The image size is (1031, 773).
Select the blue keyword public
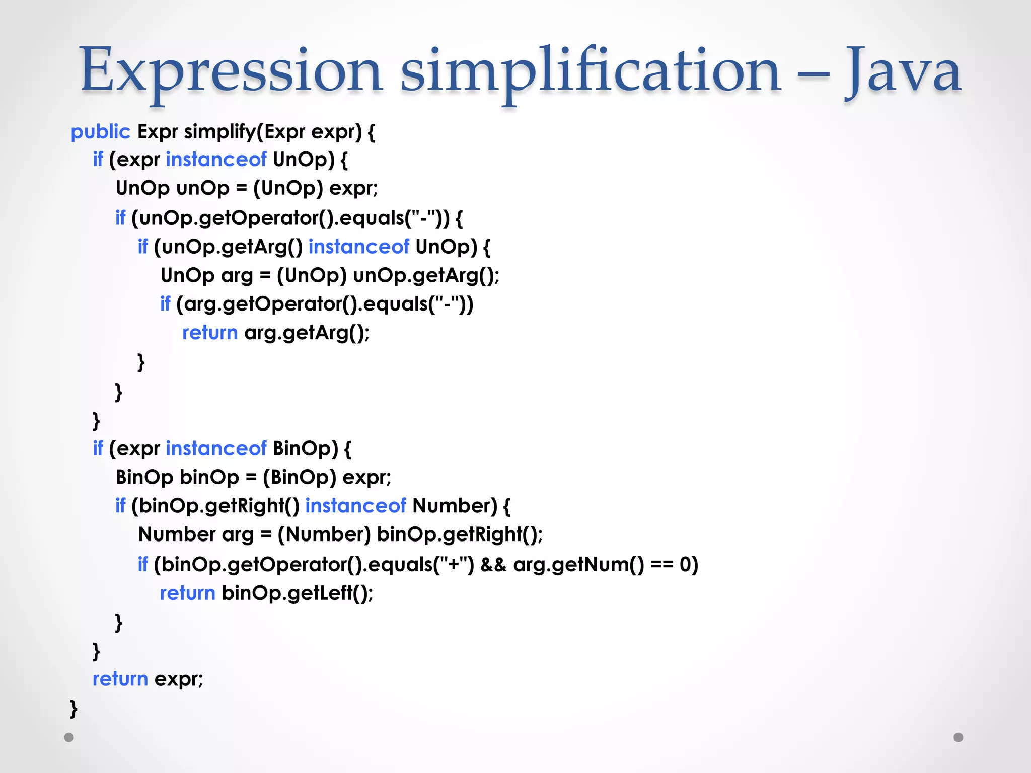click(100, 132)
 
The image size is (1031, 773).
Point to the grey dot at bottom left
click(69, 737)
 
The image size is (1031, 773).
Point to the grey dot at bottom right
click(958, 737)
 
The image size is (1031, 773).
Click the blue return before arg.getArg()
click(209, 333)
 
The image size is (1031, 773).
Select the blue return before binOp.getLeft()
click(187, 593)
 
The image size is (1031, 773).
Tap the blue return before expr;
click(120, 679)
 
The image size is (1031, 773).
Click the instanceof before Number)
click(355, 506)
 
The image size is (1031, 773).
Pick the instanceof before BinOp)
click(215, 448)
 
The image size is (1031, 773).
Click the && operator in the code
click(493, 565)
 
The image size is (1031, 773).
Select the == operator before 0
click(661, 565)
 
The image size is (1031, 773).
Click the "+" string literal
click(454, 565)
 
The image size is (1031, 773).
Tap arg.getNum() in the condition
click(578, 565)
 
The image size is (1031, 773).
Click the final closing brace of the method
click(73, 709)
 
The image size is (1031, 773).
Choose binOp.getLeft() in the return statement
click(297, 593)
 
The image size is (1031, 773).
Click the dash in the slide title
click(813, 75)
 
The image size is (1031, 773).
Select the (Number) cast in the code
click(324, 534)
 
